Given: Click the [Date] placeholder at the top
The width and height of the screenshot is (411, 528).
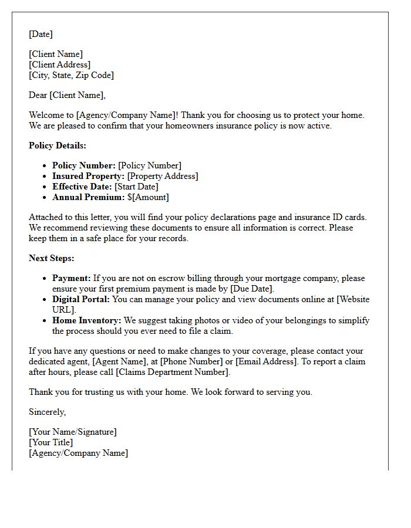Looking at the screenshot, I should [41, 34].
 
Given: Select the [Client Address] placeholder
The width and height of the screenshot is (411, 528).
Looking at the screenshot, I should [59, 65].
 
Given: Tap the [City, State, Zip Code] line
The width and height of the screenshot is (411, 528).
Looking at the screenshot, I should [71, 75].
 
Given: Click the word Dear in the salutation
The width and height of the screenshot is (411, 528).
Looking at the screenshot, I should [38, 95].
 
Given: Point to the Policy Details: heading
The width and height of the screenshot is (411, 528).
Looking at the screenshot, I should [57, 145].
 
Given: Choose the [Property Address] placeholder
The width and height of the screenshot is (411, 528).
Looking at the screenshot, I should [163, 176].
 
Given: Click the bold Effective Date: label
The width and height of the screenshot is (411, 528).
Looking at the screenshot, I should [82, 187].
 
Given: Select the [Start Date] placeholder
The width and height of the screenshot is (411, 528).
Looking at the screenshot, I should [136, 187].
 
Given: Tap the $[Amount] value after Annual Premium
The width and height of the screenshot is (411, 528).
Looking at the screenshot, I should [148, 197].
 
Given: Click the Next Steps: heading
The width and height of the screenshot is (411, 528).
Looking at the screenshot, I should [52, 258].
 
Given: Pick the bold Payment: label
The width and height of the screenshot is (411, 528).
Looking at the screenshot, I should [72, 278].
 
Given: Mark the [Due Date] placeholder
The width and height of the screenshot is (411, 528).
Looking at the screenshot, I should [252, 289].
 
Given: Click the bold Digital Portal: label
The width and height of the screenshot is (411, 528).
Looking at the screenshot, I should [81, 299].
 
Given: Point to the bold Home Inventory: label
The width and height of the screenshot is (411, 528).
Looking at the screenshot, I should [86, 320].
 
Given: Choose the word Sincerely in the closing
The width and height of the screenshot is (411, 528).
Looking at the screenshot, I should [47, 412].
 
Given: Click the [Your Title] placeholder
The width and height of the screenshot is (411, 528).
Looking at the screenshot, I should [51, 442].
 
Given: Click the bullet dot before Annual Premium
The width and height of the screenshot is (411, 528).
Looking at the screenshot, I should [45, 198].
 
